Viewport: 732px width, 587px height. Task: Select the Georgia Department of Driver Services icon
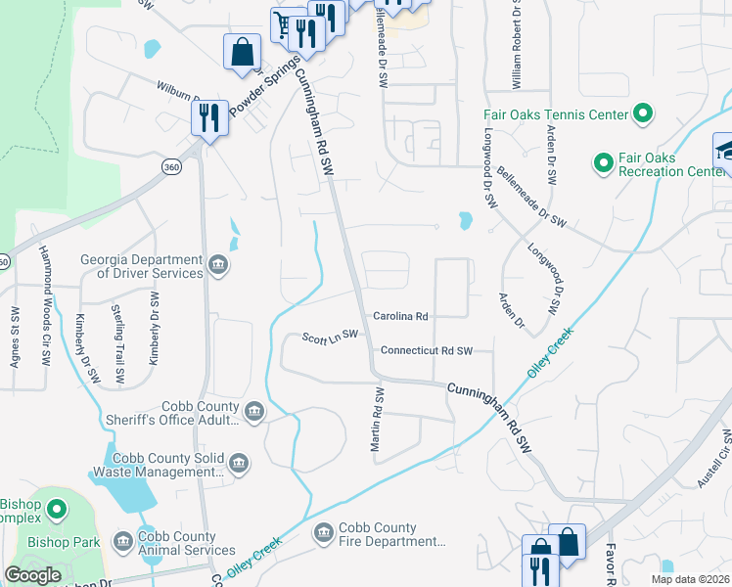(218, 263)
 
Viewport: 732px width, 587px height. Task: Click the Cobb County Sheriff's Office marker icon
(254, 411)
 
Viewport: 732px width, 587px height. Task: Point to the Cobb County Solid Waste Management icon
(238, 462)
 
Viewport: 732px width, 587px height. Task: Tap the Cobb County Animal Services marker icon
(123, 541)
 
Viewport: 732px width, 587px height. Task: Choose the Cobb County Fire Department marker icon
(323, 532)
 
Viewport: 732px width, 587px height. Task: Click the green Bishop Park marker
(57, 509)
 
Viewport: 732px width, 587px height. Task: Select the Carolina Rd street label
(401, 316)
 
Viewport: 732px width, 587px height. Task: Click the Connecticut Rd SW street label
(426, 350)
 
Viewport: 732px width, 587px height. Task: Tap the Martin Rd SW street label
(375, 418)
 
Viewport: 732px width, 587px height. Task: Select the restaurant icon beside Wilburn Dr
(209, 118)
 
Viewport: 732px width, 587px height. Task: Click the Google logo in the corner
(33, 574)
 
